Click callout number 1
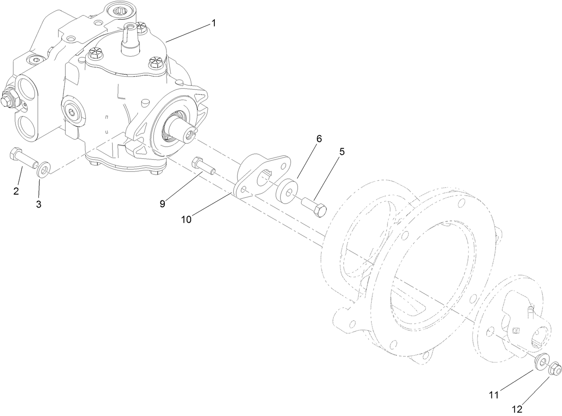click(x=214, y=23)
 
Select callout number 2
click(x=17, y=191)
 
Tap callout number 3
click(x=39, y=204)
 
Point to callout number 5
click(x=342, y=151)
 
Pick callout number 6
click(x=319, y=138)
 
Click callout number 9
click(x=162, y=204)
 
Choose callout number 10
click(x=186, y=219)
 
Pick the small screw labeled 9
click(x=203, y=166)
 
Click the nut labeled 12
click(x=554, y=369)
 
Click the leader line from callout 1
click(x=188, y=33)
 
